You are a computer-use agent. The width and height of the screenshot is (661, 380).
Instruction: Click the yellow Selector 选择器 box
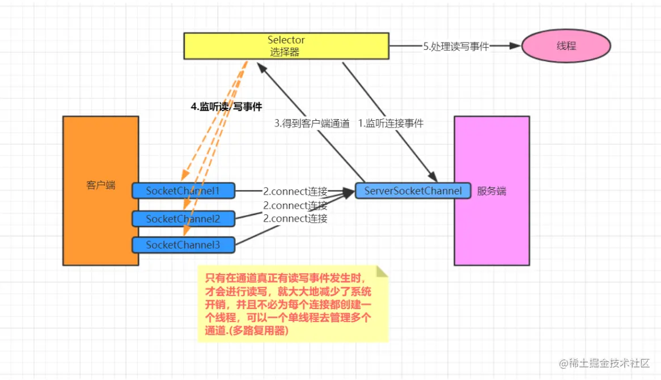click(286, 46)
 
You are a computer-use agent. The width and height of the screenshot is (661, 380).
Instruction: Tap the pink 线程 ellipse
click(566, 46)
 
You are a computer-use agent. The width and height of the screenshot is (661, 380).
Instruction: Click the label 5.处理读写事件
click(455, 47)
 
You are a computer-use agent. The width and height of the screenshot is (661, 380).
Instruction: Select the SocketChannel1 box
click(183, 191)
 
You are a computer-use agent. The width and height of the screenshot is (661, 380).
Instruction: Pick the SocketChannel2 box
click(183, 218)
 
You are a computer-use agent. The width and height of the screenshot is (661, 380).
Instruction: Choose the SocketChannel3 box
click(183, 245)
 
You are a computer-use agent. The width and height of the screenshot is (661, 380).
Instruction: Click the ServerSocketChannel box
click(413, 191)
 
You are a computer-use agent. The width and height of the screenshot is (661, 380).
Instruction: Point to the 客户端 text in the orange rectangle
click(101, 185)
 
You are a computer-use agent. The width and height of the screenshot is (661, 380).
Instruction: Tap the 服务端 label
click(491, 192)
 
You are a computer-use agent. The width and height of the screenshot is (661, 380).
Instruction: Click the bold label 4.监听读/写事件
click(226, 106)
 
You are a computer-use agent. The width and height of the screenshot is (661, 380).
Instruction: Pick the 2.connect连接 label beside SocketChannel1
click(295, 191)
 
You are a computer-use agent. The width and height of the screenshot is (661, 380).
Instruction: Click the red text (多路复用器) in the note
click(261, 331)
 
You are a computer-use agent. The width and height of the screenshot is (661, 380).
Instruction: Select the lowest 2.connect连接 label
click(295, 218)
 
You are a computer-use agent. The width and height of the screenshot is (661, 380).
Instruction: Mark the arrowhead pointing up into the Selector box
click(261, 66)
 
